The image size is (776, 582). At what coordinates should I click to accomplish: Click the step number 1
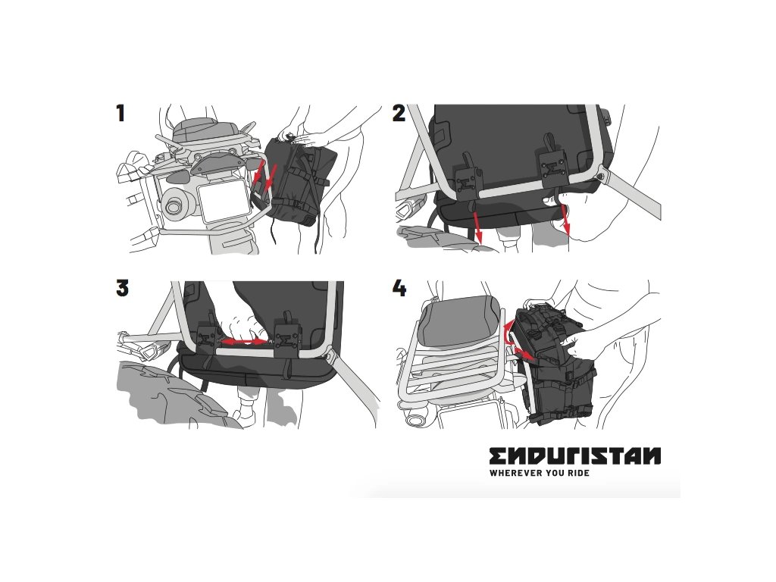(x=120, y=114)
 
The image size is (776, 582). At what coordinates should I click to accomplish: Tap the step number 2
(x=399, y=114)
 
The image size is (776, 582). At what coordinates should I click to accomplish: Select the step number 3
(x=122, y=288)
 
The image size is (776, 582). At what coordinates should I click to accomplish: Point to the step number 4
(x=399, y=288)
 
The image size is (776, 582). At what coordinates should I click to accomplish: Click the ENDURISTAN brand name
(x=575, y=455)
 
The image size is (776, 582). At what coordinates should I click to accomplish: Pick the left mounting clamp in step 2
(x=468, y=180)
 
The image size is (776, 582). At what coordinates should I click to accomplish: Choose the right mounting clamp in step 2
(x=552, y=168)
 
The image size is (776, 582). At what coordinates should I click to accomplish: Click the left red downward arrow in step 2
(x=477, y=223)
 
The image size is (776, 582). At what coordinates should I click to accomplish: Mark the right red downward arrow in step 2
(x=565, y=221)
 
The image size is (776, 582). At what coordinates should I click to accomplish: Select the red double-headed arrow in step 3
(x=243, y=342)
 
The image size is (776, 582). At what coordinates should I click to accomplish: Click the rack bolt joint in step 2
(x=601, y=174)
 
